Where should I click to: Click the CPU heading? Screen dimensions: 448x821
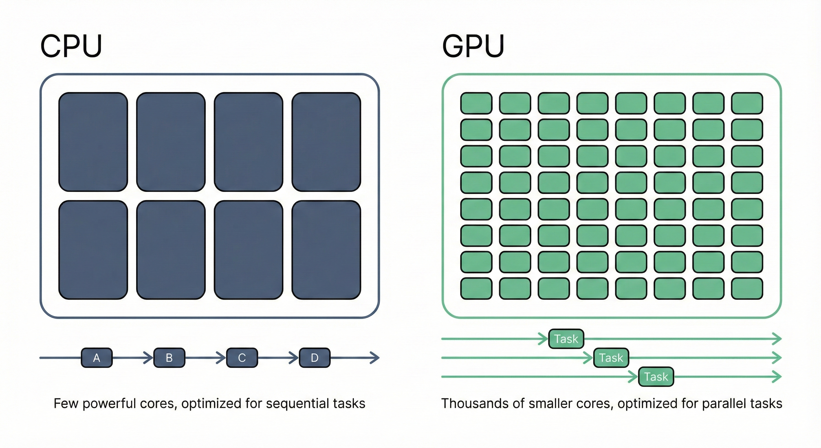(71, 47)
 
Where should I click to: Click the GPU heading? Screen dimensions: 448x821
(473, 47)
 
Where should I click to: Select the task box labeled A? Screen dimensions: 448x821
(97, 358)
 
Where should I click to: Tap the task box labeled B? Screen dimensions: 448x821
(169, 358)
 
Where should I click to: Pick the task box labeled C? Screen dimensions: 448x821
(242, 358)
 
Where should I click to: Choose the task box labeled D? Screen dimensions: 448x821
(315, 358)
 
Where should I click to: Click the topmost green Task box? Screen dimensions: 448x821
(566, 339)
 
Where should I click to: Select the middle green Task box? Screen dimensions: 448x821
(611, 358)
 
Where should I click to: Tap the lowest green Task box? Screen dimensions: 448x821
(656, 377)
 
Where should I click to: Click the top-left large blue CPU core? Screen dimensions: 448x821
(93, 142)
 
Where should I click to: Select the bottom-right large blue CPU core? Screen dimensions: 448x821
(326, 250)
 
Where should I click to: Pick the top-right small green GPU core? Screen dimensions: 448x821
(747, 103)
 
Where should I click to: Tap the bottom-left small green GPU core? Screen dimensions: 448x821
(476, 288)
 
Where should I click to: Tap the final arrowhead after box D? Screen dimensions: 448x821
(376, 358)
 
